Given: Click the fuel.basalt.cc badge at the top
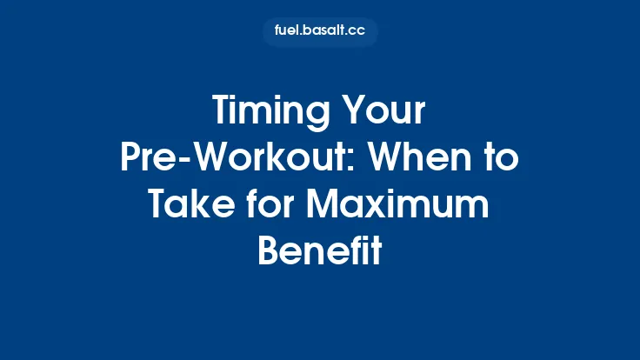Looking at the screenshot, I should [320, 32].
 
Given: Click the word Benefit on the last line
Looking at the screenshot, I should [320, 250].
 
